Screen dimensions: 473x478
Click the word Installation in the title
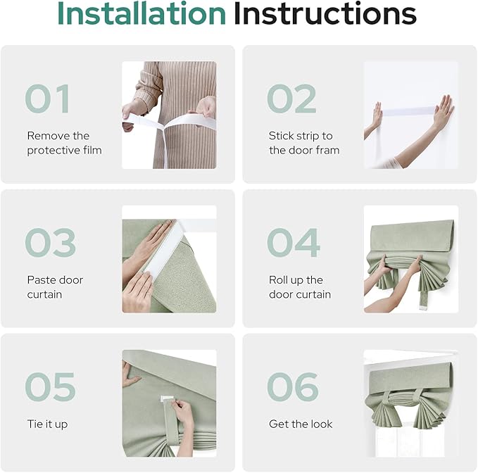141,14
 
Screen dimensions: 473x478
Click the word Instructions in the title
325,14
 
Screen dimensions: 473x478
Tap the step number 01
48,99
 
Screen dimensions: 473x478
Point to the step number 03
50,244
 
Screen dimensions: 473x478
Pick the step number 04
294,244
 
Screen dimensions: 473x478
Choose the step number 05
50,387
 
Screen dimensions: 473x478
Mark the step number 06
294,387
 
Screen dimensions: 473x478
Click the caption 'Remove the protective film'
64,143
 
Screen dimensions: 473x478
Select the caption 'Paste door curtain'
55,287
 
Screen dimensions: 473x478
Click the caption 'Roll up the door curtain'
299,287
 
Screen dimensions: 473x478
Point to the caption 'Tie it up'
47,424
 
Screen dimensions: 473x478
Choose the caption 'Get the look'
301,424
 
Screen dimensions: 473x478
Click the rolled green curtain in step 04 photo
410,239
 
